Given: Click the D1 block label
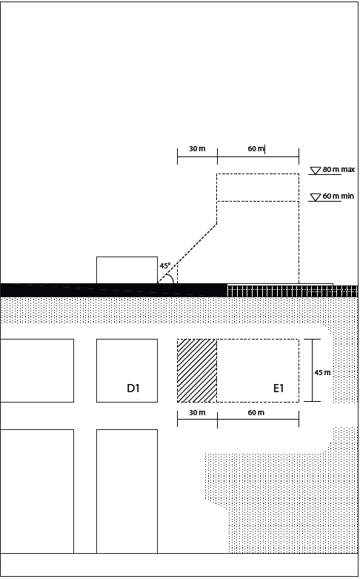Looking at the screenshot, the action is [x=133, y=388].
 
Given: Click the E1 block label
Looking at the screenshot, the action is [x=279, y=388].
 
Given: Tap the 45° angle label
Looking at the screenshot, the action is [x=165, y=265].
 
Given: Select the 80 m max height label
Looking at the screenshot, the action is [x=339, y=170].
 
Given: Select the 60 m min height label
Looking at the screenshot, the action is [x=339, y=196].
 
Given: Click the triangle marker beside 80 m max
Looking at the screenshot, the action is [x=315, y=171].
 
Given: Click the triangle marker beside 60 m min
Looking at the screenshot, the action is [x=315, y=197].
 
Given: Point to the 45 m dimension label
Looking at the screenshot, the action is [x=322, y=373].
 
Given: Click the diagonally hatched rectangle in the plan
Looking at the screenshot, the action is [x=197, y=371].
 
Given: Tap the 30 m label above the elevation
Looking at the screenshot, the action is [x=197, y=149].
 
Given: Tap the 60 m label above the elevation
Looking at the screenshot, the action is [x=256, y=149].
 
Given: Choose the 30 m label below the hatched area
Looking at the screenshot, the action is [x=197, y=412].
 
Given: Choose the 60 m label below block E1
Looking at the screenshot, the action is [x=256, y=412].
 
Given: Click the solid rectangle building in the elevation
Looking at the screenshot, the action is [x=127, y=270].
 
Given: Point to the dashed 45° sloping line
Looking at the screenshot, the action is [x=187, y=254].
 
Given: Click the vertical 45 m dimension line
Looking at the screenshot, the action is [x=313, y=370].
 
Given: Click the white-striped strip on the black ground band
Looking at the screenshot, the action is [x=292, y=290].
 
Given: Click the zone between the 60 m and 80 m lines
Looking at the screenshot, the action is [x=258, y=188].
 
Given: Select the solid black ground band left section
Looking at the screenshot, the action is [x=113, y=290].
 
